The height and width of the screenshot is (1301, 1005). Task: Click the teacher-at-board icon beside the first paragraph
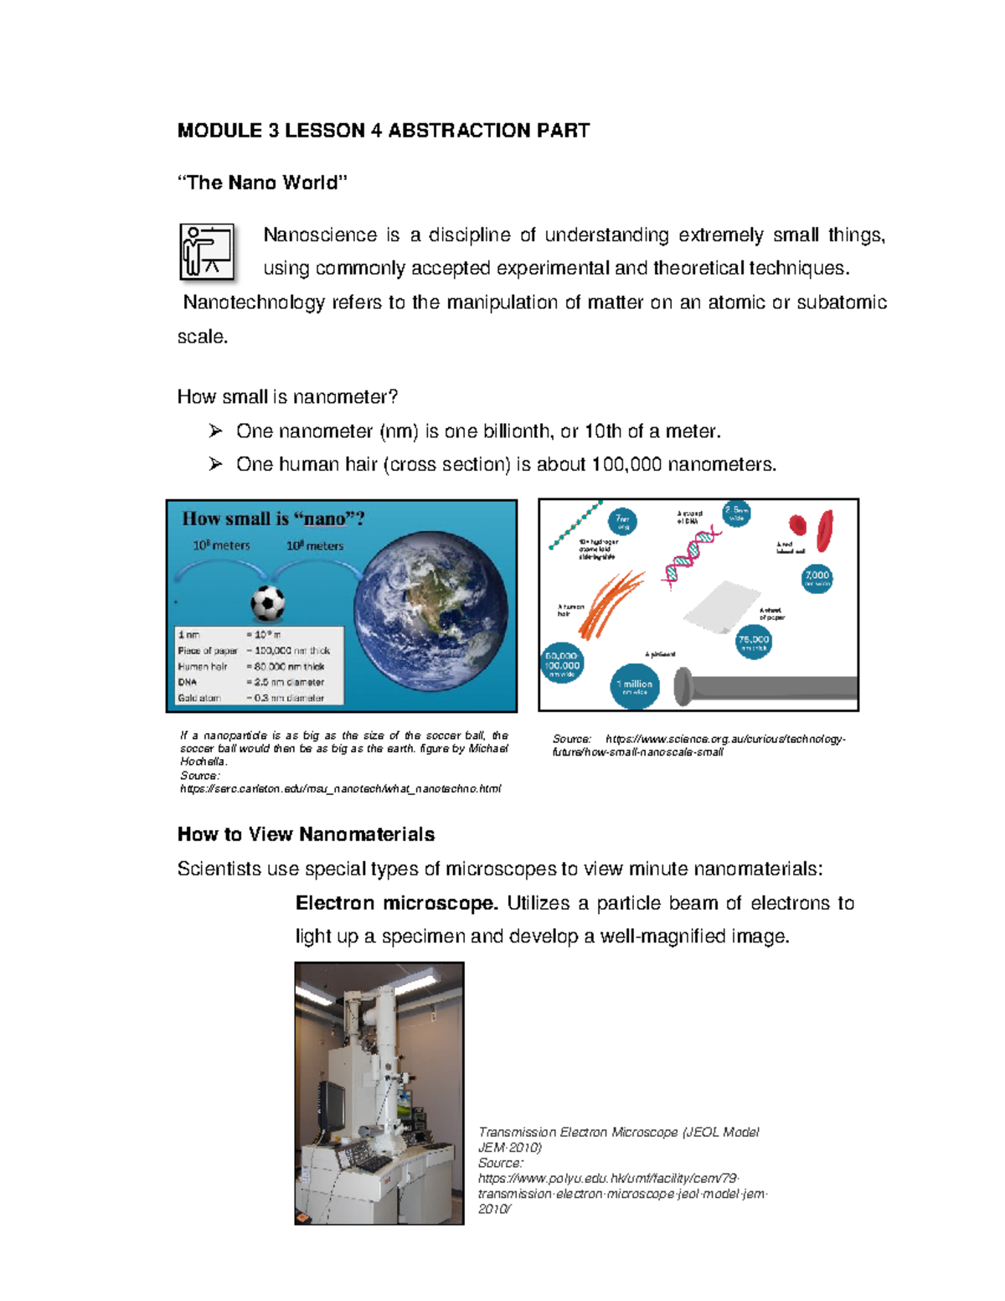(x=207, y=251)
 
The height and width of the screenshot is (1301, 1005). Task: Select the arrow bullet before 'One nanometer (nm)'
(x=216, y=431)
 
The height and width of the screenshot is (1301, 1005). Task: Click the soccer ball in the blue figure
(x=268, y=602)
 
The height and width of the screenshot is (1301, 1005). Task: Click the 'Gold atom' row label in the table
(x=199, y=698)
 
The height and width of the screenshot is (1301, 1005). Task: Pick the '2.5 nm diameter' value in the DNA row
(x=289, y=682)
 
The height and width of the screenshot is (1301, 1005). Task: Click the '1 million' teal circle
(x=635, y=687)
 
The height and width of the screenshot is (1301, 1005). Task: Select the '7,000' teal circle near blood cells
(x=817, y=577)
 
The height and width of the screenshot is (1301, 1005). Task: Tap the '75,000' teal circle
(x=753, y=643)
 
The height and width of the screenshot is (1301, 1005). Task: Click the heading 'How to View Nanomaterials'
(x=306, y=834)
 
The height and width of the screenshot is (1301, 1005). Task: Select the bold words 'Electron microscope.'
(x=396, y=903)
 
